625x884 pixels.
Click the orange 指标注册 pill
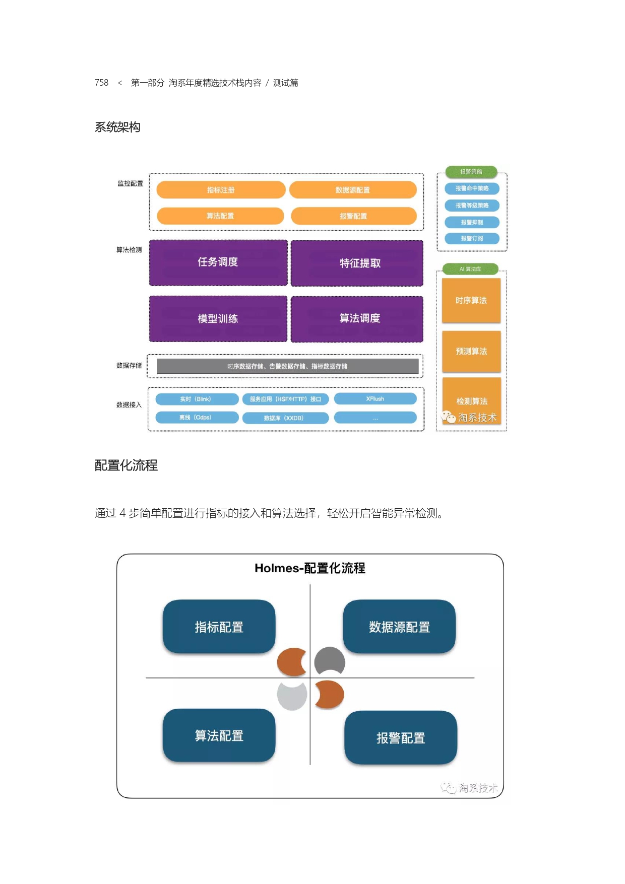(221, 190)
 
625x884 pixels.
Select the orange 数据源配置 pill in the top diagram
(353, 190)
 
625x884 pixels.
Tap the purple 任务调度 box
(218, 262)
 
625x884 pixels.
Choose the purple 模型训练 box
(218, 318)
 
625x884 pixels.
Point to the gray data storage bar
(287, 366)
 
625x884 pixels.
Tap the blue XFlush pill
(375, 399)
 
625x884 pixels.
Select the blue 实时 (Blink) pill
(197, 399)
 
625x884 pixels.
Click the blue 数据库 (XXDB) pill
(285, 418)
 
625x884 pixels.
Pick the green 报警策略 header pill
(471, 172)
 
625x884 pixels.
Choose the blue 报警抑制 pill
(472, 222)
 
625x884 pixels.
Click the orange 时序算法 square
(471, 300)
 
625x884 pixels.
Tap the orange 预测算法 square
(471, 351)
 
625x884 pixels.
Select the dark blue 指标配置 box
(219, 627)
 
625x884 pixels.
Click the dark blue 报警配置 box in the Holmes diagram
(401, 738)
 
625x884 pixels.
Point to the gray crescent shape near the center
(330, 660)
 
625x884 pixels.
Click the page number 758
(101, 83)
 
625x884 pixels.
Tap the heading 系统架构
(117, 127)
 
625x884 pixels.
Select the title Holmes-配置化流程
(310, 568)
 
